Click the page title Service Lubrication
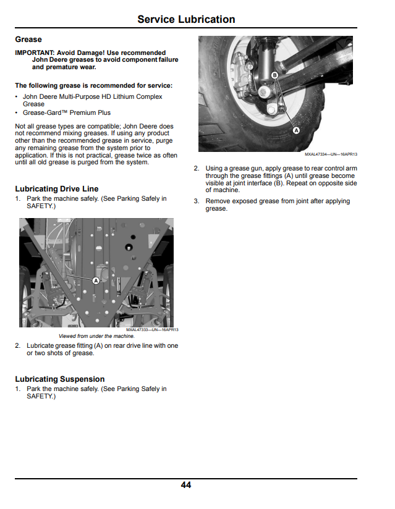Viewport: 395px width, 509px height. pyautogui.click(x=186, y=19)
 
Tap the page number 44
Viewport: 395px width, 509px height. pyautogui.click(x=186, y=485)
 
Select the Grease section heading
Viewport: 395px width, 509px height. pyautogui.click(x=28, y=40)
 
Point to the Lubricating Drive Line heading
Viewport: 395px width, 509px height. pyautogui.click(x=56, y=188)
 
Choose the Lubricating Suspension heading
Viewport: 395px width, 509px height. pyautogui.click(x=60, y=379)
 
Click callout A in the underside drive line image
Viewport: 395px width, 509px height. pyautogui.click(x=96, y=280)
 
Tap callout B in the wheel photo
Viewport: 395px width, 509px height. pyautogui.click(x=275, y=75)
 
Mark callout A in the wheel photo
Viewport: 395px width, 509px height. pyautogui.click(x=296, y=130)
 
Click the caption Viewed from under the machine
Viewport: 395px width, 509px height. pyautogui.click(x=96, y=336)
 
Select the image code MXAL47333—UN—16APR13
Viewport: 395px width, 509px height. pyautogui.click(x=152, y=329)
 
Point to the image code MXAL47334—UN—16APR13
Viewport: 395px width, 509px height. pyautogui.click(x=331, y=154)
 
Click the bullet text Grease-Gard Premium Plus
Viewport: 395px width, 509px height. pyautogui.click(x=67, y=112)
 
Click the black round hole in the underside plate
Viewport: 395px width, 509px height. pyautogui.click(x=129, y=247)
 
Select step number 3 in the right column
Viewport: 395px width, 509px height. pyautogui.click(x=196, y=201)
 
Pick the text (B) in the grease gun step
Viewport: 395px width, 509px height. pyautogui.click(x=279, y=183)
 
